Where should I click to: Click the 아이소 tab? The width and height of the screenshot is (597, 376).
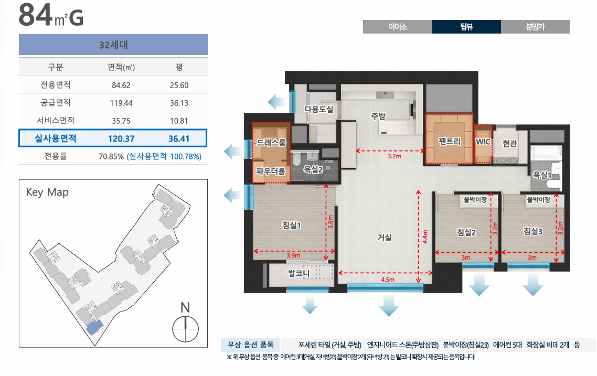[397, 27]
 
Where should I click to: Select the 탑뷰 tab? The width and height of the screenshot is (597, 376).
[466, 27]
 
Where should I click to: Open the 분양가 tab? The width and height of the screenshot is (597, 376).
[535, 27]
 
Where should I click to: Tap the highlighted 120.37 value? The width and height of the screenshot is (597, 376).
[121, 138]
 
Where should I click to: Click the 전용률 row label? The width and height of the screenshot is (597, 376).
[55, 156]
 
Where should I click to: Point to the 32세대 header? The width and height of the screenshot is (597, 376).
[114, 45]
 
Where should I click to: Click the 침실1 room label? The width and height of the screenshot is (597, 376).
[292, 225]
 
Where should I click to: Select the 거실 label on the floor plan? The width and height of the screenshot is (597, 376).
[385, 238]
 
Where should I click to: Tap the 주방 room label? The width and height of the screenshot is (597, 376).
[378, 116]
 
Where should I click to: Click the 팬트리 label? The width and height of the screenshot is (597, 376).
[450, 142]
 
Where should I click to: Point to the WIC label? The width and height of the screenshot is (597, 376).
[483, 142]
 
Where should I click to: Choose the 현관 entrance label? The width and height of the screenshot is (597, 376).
[510, 143]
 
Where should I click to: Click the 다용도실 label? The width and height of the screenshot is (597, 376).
[319, 109]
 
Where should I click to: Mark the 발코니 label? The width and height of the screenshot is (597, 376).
[299, 273]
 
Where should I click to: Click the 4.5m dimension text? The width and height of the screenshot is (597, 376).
[387, 280]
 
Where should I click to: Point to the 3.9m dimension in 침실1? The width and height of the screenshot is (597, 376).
[293, 255]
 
